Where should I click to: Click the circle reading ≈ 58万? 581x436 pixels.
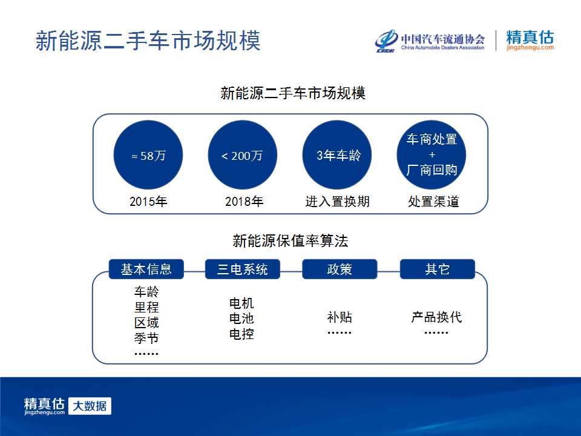(148, 155)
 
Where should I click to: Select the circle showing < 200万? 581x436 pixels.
(243, 155)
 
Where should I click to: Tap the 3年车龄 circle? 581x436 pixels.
(337, 155)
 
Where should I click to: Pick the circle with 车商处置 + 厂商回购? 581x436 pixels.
(432, 155)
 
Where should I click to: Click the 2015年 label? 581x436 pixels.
(148, 201)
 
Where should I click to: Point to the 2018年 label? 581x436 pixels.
(244, 201)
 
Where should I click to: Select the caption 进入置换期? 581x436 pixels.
(338, 201)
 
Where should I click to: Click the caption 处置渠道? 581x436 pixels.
(433, 201)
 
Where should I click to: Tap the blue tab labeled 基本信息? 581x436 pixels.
(146, 269)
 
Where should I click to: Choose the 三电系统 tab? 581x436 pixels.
(243, 269)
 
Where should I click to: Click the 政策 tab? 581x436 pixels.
(340, 269)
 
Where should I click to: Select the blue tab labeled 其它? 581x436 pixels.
(438, 269)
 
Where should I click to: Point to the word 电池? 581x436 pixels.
(241, 319)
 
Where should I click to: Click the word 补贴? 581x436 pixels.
(340, 317)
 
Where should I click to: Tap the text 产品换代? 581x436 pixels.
(436, 317)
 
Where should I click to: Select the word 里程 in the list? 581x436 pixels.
(146, 307)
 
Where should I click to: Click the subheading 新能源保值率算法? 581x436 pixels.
(290, 241)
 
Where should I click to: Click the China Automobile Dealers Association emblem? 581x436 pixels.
(386, 41)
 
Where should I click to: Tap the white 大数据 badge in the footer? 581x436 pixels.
(90, 406)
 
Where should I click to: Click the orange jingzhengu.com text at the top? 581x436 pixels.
(530, 47)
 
